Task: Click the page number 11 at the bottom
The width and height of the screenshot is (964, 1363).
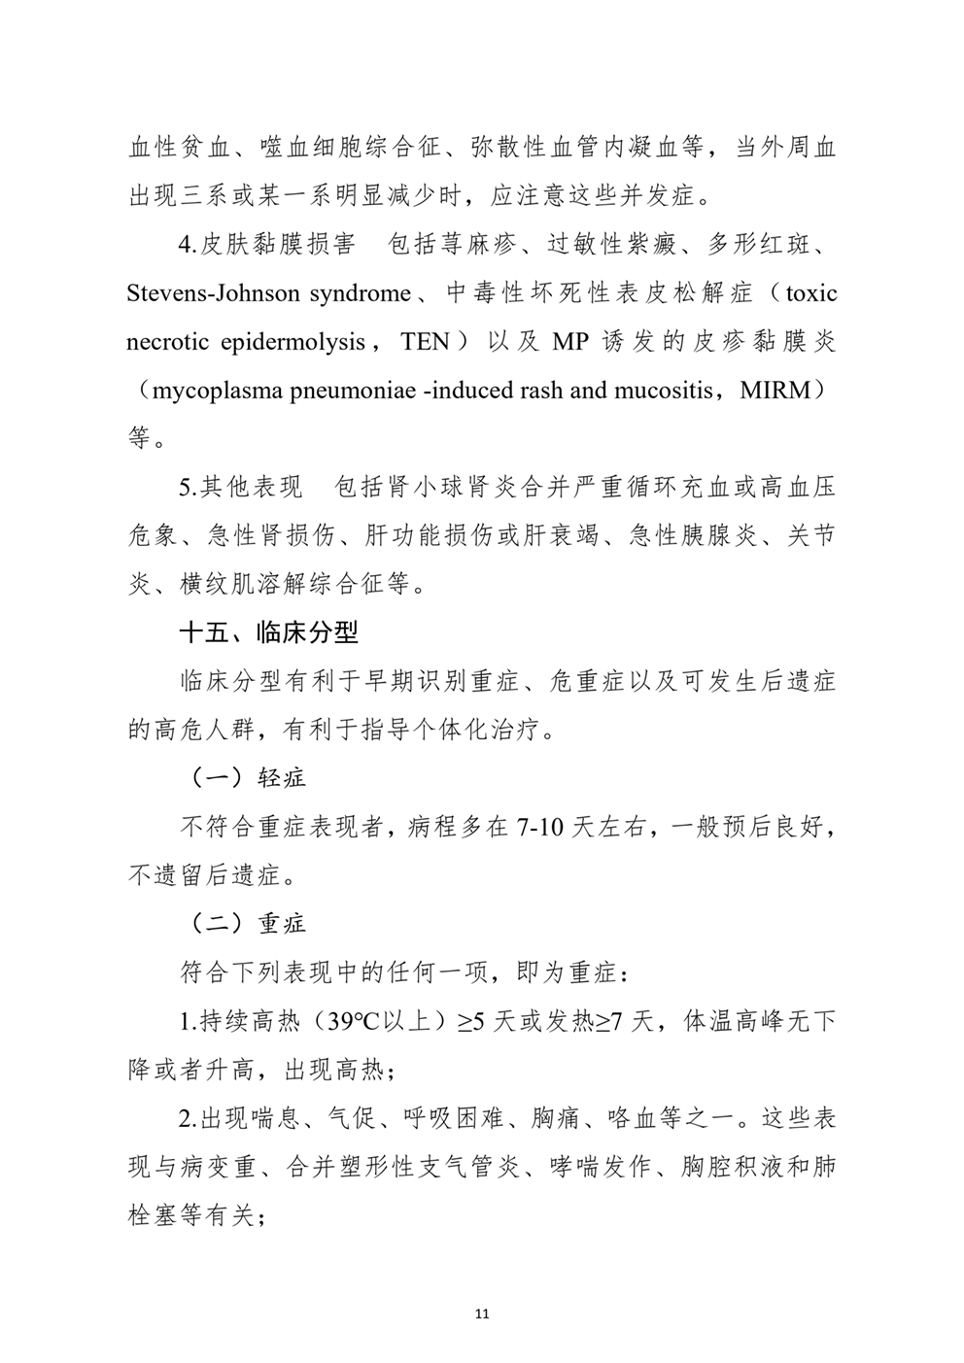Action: pos(483,1313)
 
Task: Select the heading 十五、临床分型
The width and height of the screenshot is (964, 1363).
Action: pos(268,632)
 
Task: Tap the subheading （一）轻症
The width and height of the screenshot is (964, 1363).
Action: pos(245,777)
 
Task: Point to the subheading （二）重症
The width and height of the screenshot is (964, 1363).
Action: pos(245,922)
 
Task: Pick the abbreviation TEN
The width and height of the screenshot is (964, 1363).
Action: pos(425,342)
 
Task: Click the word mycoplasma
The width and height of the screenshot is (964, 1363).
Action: pos(212,391)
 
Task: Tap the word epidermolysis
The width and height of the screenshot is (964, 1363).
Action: pos(293,342)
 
